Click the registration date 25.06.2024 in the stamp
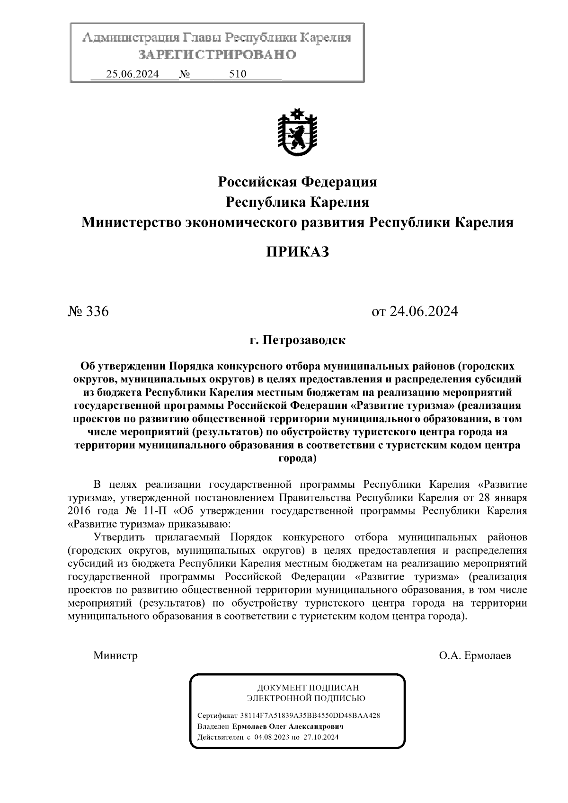[x=133, y=74]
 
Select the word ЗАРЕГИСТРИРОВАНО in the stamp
[x=217, y=54]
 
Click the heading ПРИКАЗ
[x=297, y=252]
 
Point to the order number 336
[x=98, y=311]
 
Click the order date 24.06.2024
[x=423, y=311]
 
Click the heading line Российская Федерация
[x=297, y=182]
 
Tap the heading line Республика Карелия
[x=297, y=202]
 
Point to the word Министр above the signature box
[x=115, y=656]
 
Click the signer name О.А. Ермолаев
[x=475, y=656]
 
